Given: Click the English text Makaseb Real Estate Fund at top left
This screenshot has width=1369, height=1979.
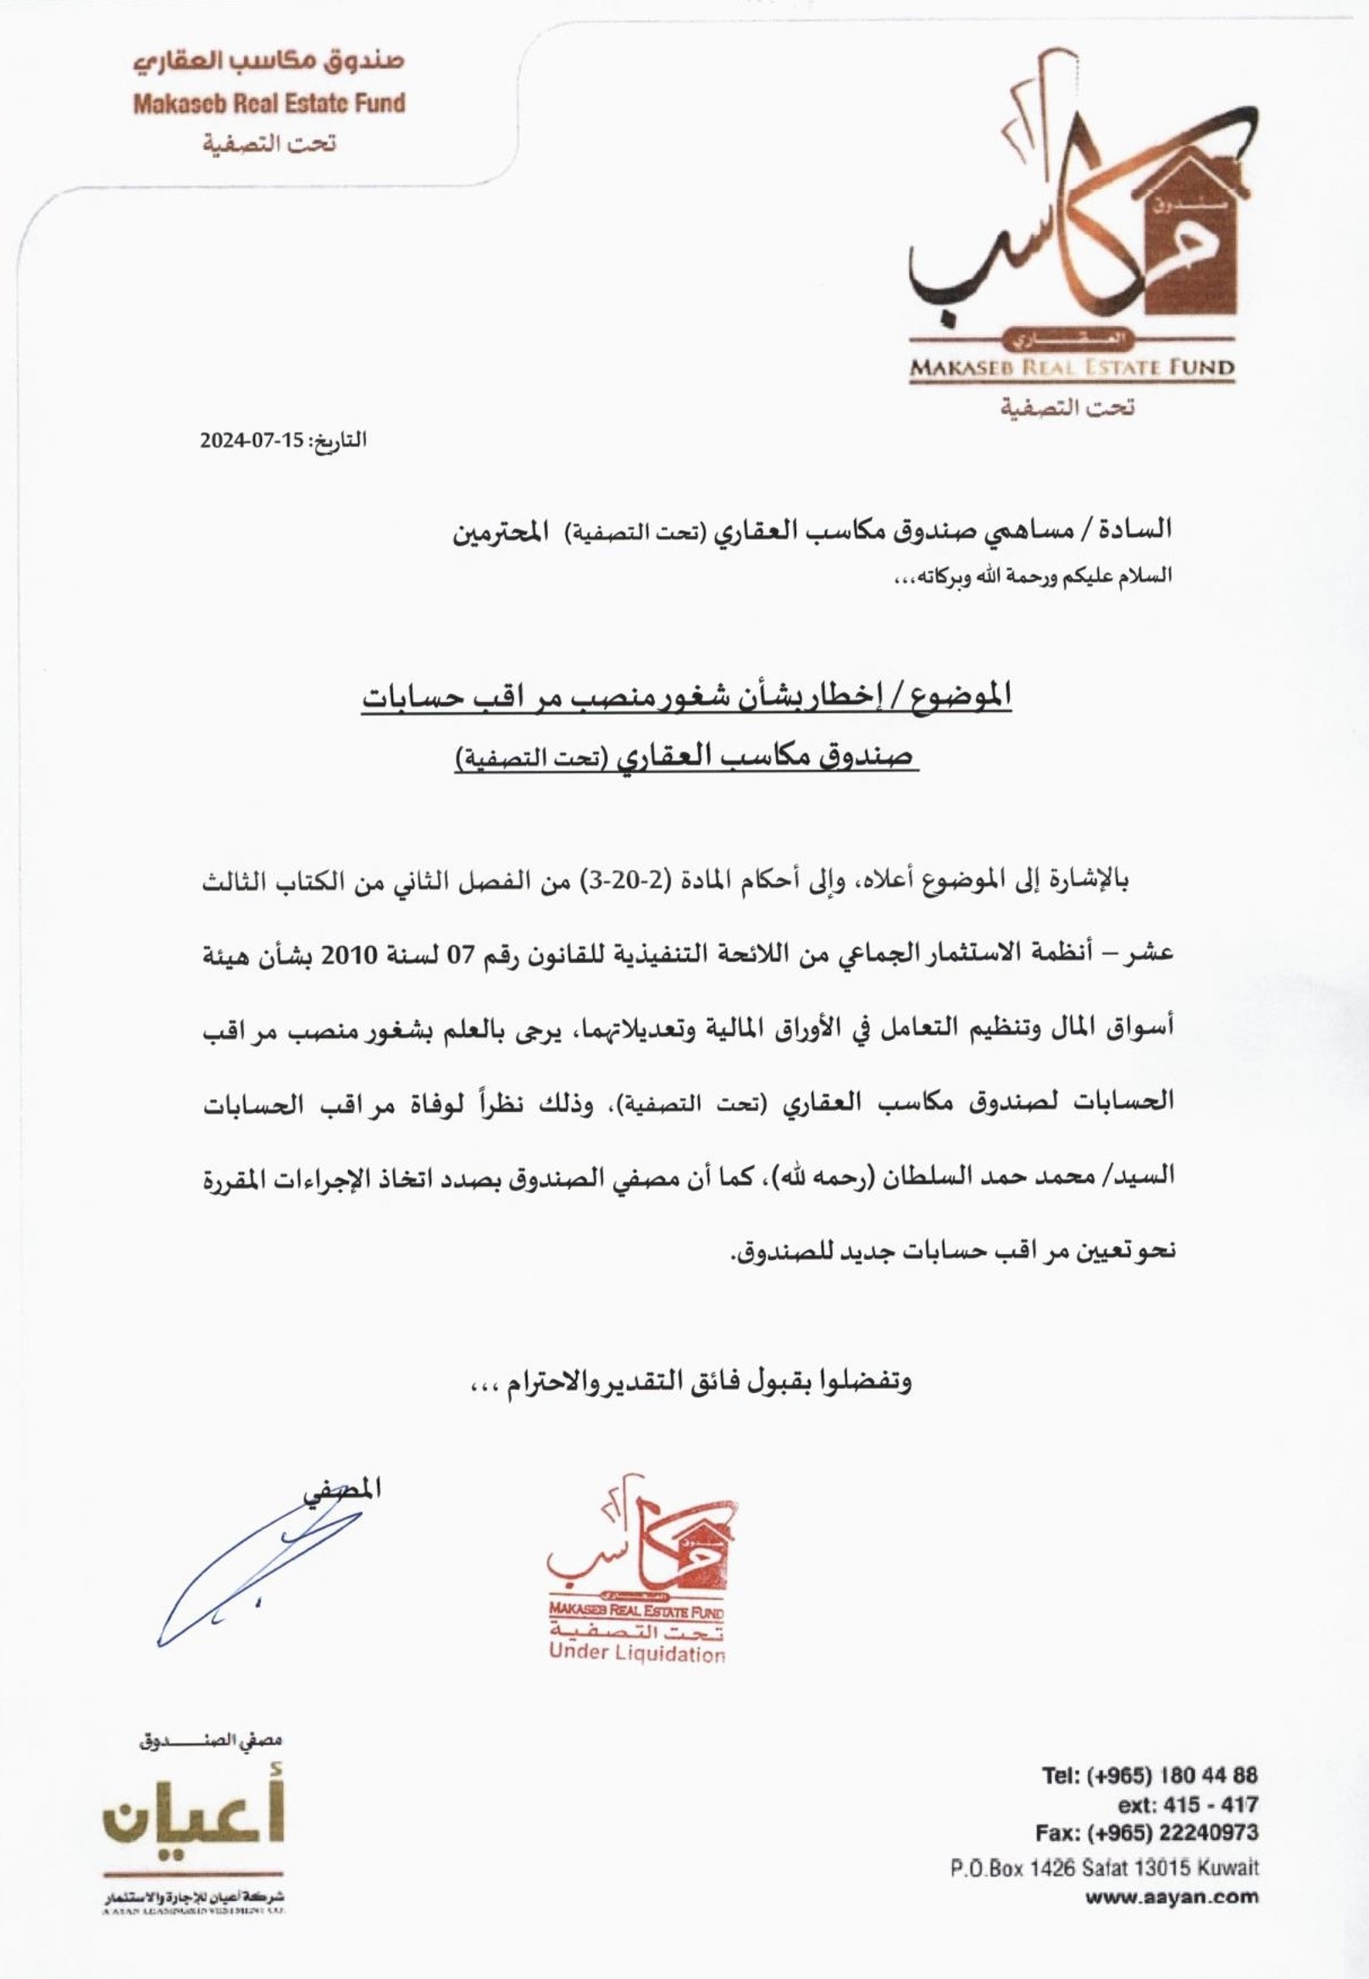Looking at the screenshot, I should click(x=269, y=104).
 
